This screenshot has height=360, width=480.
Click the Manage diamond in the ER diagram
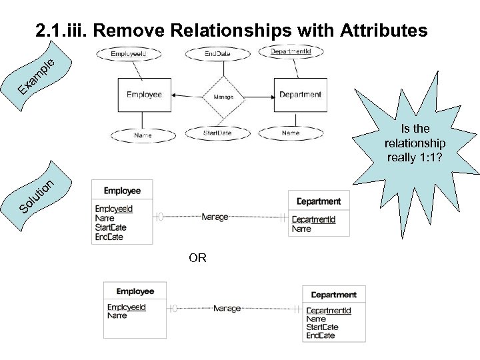click(x=223, y=96)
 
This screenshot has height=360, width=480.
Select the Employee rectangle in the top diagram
click(x=144, y=95)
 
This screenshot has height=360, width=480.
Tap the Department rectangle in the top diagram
click(x=300, y=95)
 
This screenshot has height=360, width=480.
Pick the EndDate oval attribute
click(x=217, y=53)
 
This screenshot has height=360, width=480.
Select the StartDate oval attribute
click(x=217, y=133)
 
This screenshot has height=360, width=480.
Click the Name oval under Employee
click(x=143, y=135)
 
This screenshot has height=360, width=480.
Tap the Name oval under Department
click(x=291, y=133)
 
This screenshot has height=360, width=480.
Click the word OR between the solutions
click(x=197, y=258)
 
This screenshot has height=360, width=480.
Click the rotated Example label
click(x=36, y=77)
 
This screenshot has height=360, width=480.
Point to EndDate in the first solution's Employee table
click(x=109, y=237)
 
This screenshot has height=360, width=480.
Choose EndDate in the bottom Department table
click(x=320, y=335)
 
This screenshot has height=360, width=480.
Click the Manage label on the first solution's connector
click(x=215, y=217)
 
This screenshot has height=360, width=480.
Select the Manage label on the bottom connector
click(x=227, y=309)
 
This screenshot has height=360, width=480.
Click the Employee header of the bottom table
click(x=135, y=291)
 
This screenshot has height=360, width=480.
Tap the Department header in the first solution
click(x=318, y=201)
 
